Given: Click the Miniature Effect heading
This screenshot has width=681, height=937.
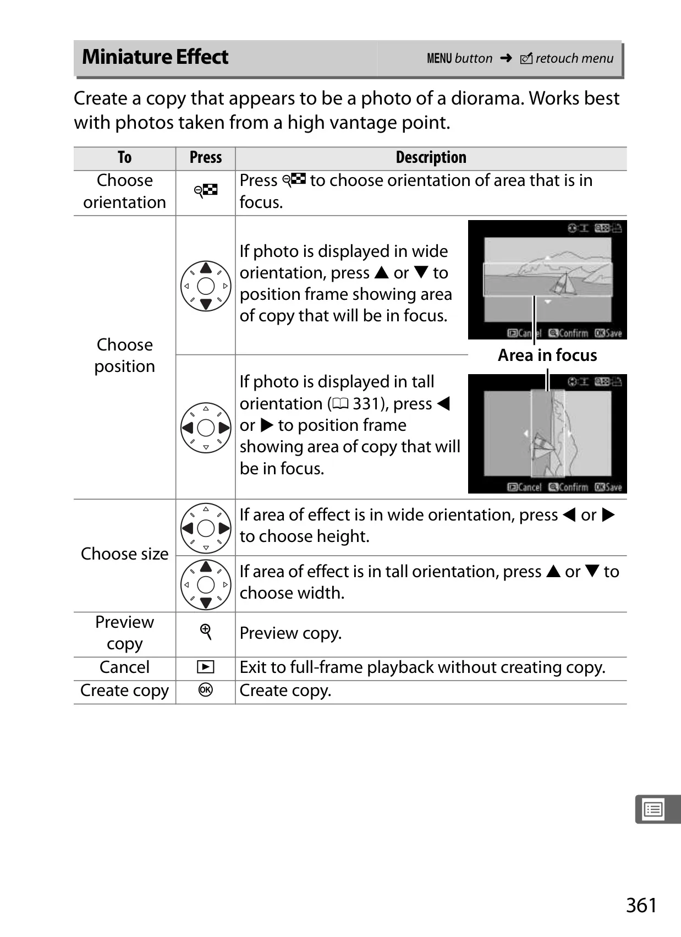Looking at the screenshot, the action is point(155,57).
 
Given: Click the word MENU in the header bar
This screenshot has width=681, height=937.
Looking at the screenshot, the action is point(439,58).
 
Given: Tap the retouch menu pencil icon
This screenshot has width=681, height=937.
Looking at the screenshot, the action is point(526,58).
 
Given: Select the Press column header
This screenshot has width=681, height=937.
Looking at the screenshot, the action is point(205,158).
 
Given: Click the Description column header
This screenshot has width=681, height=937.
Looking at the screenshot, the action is point(431,158).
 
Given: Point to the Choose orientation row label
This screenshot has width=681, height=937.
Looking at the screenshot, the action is point(125,191).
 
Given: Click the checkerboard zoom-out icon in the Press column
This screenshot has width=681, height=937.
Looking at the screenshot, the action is point(205,191).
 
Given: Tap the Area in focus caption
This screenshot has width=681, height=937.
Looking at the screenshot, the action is point(547,355).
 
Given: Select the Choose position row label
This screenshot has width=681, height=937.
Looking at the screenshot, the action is point(125,355).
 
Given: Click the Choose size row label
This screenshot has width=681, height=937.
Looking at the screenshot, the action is point(125,554).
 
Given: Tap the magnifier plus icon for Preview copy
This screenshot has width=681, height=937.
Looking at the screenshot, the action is point(206,632).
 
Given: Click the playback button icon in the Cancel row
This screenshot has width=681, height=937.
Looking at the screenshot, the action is point(205,667).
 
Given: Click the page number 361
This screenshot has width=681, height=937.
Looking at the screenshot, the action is point(641,905).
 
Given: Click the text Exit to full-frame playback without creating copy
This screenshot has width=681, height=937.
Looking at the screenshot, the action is point(422,667).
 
